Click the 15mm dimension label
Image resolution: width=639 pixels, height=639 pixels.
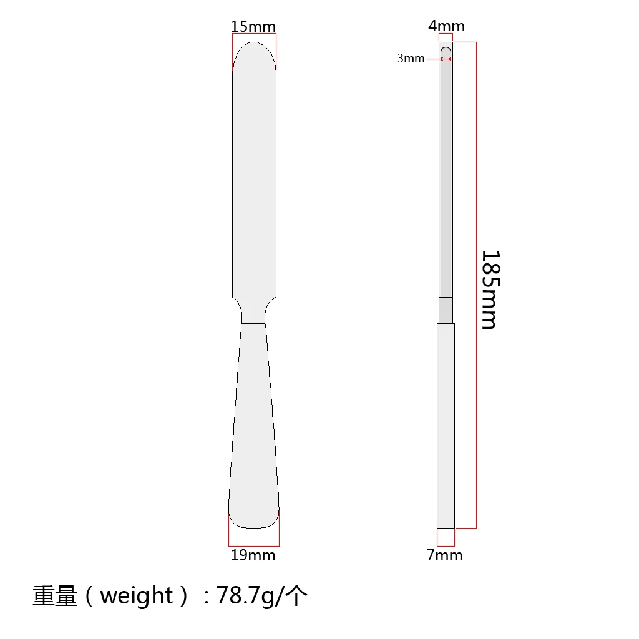coord(253,26)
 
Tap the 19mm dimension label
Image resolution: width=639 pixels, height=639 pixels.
coord(253,555)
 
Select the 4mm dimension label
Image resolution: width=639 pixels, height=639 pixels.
coord(446,26)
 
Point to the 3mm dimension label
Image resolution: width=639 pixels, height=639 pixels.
coord(411,59)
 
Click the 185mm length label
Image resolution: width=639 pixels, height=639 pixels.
coord(490,290)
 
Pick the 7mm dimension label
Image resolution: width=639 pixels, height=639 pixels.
coord(445,555)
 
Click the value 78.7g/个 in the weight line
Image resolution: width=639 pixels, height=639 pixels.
coord(262,597)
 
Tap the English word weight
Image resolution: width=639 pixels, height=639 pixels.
coord(136,596)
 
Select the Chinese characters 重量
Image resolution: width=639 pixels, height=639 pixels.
coord(55,597)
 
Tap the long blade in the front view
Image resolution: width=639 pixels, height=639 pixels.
coord(254,181)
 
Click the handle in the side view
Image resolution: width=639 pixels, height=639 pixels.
coord(446,424)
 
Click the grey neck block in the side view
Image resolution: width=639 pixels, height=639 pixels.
coord(446,310)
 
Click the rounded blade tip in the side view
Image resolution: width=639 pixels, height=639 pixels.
coord(446,51)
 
